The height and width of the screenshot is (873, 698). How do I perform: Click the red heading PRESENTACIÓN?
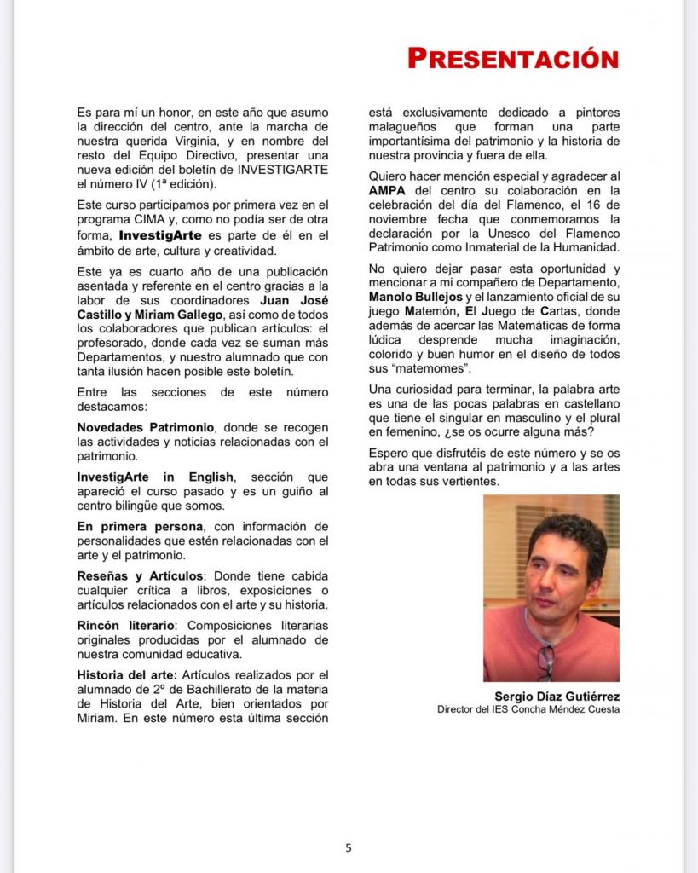tap(512, 58)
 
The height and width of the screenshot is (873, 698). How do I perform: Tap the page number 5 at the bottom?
tap(348, 847)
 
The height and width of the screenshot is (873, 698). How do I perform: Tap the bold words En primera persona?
tap(138, 526)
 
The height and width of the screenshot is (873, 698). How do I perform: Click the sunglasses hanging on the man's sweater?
tap(545, 660)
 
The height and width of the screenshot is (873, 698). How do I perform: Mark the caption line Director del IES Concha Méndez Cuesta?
tap(528, 709)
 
